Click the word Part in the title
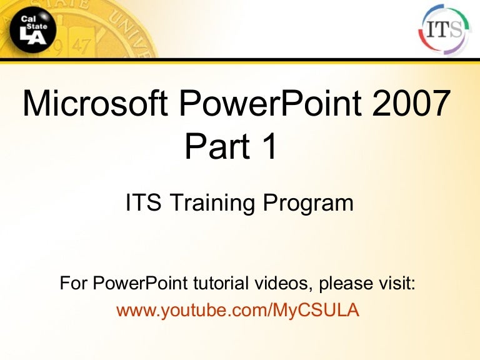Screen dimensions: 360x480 [213, 148]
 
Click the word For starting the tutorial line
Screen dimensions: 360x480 [74, 284]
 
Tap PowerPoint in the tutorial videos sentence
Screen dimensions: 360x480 [137, 284]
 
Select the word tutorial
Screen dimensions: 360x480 [216, 284]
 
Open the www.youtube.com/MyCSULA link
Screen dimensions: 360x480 [237, 310]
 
